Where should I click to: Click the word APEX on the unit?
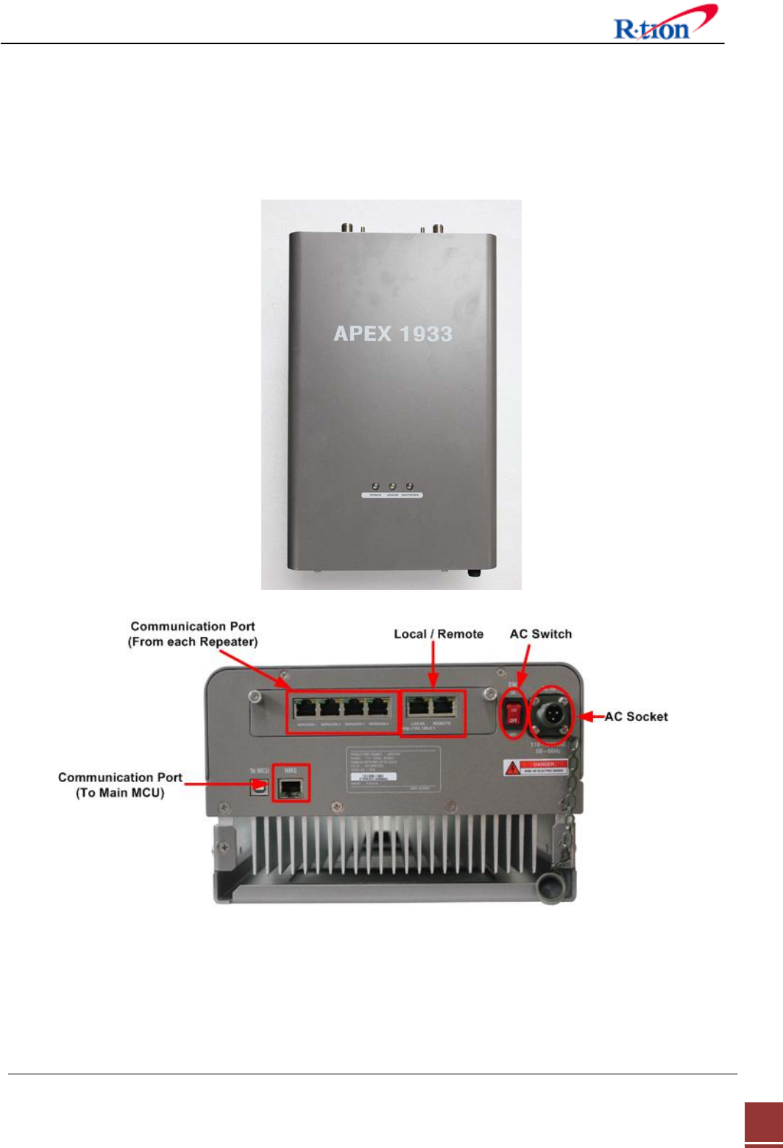pyautogui.click(x=362, y=334)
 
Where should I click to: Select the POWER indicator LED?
pyautogui.click(x=375, y=487)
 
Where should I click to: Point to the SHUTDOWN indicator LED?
pyautogui.click(x=410, y=487)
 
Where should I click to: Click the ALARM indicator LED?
pyautogui.click(x=392, y=487)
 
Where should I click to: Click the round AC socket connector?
pyautogui.click(x=550, y=712)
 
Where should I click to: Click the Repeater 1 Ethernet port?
pyautogui.click(x=306, y=709)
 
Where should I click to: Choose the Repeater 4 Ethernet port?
pyautogui.click(x=378, y=709)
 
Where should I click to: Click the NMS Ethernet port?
pyautogui.click(x=291, y=787)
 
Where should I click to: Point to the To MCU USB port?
pyautogui.click(x=258, y=787)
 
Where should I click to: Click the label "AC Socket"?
pyautogui.click(x=636, y=716)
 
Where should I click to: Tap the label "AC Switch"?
pyautogui.click(x=540, y=634)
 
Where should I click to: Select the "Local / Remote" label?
pyautogui.click(x=439, y=634)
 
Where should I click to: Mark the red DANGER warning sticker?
pyautogui.click(x=536, y=767)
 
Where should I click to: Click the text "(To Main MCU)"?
pyautogui.click(x=120, y=793)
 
